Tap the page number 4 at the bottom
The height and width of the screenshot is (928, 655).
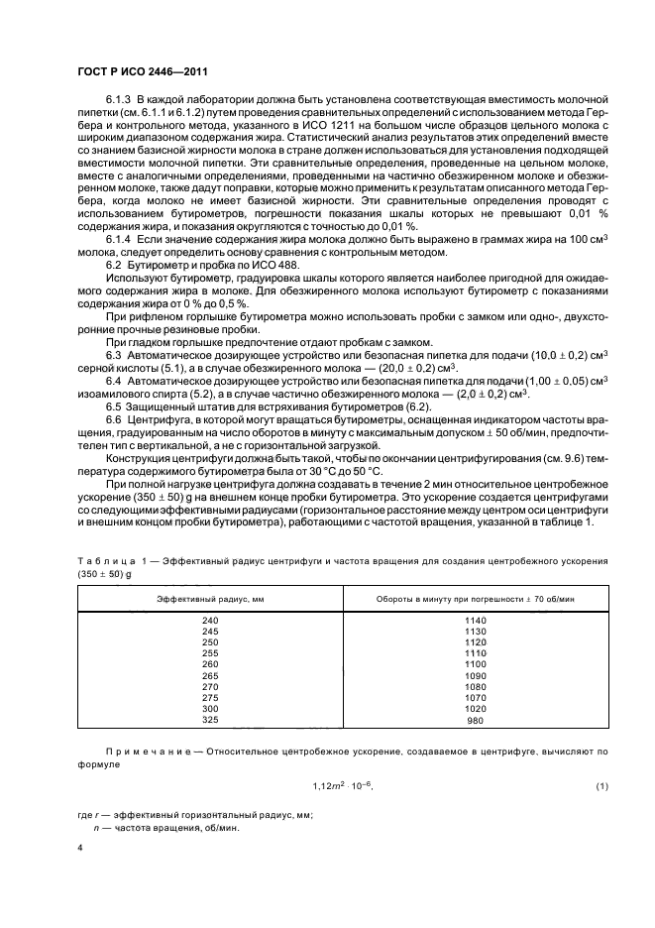(80, 849)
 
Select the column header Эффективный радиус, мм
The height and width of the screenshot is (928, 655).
(209, 601)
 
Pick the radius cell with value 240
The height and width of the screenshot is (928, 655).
(209, 621)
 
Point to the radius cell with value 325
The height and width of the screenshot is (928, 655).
(209, 722)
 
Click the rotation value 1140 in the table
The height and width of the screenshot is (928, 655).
(475, 621)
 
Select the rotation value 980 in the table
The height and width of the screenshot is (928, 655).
(477, 722)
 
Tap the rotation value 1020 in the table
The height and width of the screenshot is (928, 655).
(475, 711)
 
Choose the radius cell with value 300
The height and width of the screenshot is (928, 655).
(209, 711)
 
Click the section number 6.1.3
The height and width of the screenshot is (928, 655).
(119, 101)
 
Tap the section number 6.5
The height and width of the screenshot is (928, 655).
(113, 406)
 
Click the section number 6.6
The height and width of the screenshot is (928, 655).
(113, 418)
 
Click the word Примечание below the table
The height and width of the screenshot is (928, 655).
(138, 754)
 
